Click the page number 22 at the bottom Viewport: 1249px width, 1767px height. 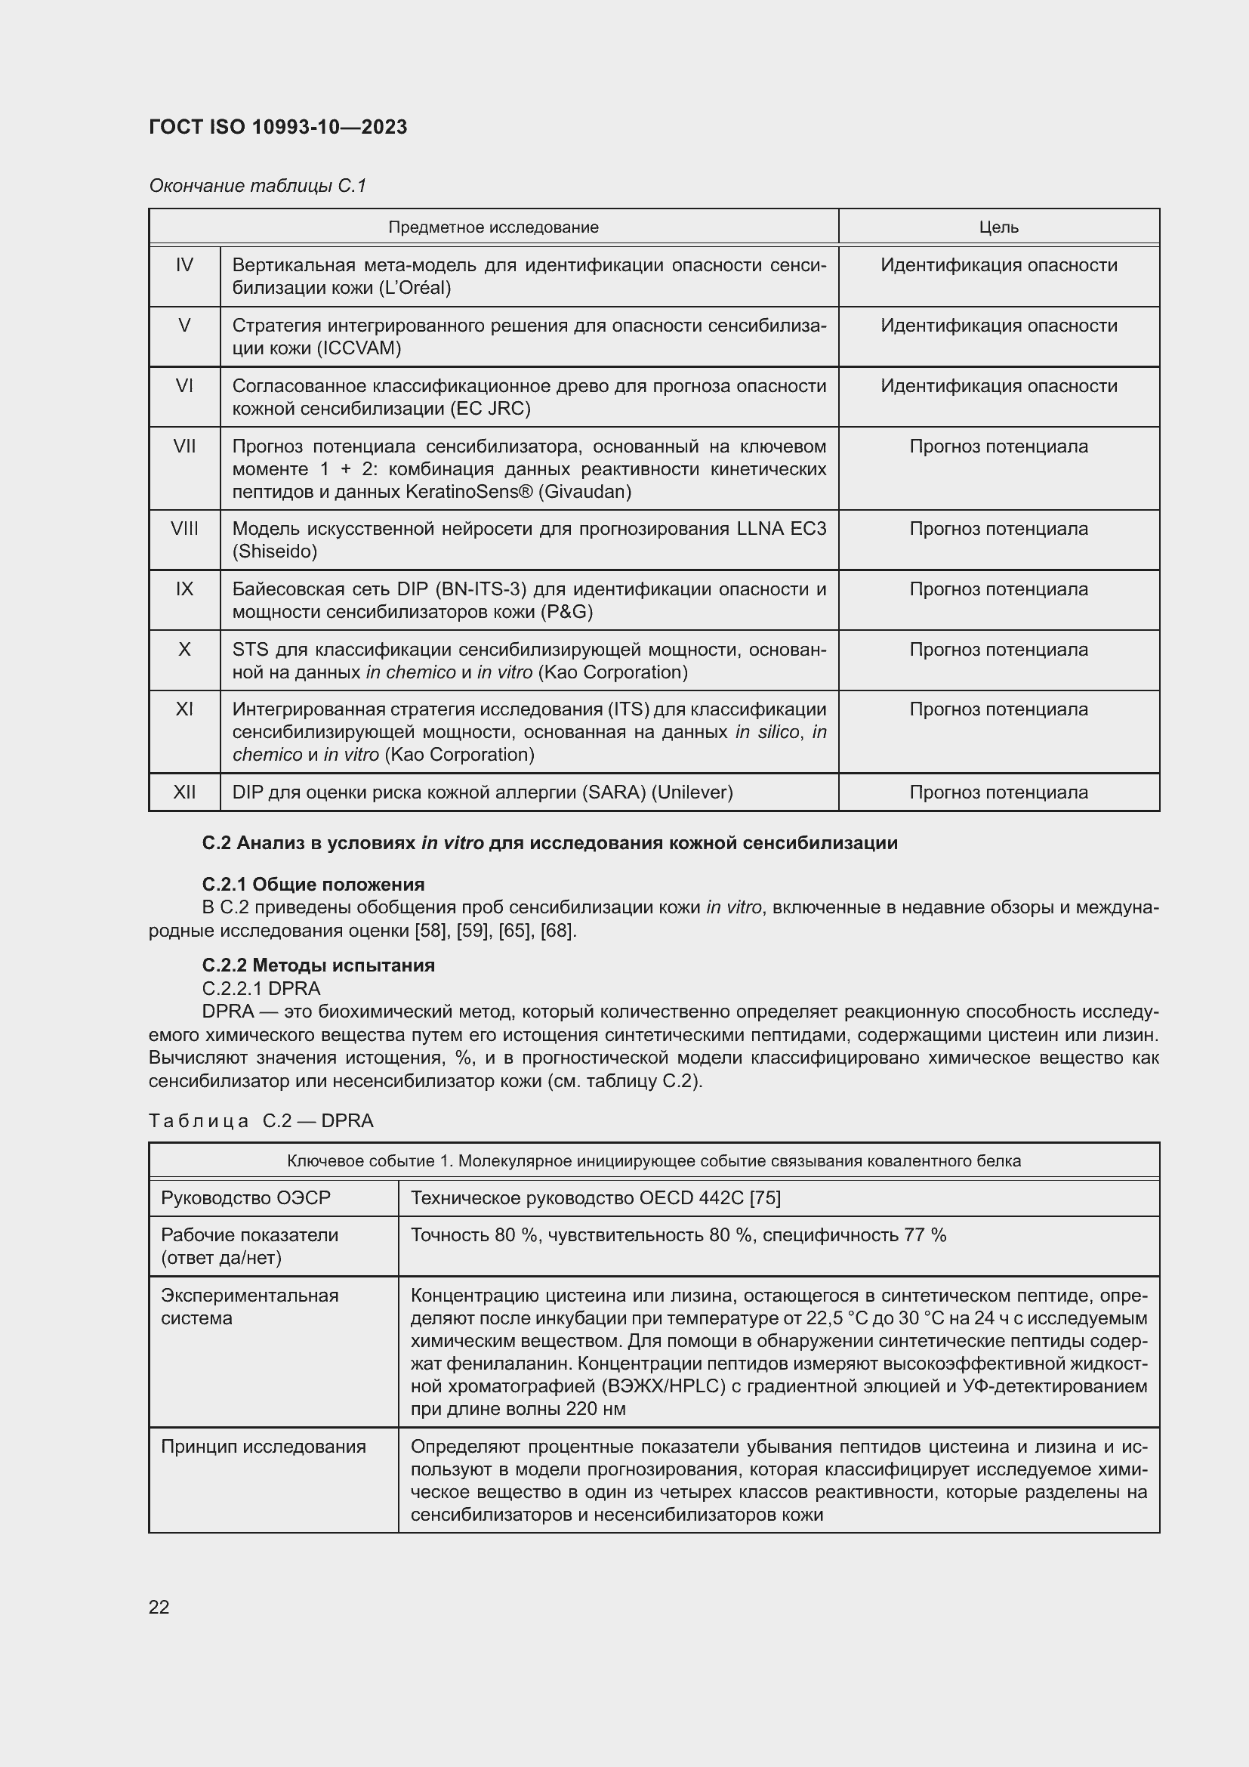(x=159, y=1607)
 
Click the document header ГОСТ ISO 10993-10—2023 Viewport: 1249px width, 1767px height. (x=278, y=127)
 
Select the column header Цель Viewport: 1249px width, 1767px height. (x=998, y=227)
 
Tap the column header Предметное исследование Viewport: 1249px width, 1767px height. (x=493, y=227)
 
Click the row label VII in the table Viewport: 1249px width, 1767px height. (x=184, y=446)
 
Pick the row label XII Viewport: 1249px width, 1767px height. (x=184, y=792)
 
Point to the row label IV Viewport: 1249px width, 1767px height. (x=184, y=265)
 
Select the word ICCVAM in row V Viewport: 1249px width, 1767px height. (x=359, y=348)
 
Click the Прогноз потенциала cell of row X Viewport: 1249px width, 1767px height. (x=998, y=650)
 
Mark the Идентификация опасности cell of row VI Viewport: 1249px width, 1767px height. (x=998, y=386)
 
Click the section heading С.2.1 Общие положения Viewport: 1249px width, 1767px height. (x=313, y=885)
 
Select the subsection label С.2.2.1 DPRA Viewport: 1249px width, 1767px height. (x=261, y=988)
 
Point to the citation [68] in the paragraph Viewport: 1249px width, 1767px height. (x=557, y=931)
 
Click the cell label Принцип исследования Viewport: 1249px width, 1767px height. (x=263, y=1447)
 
